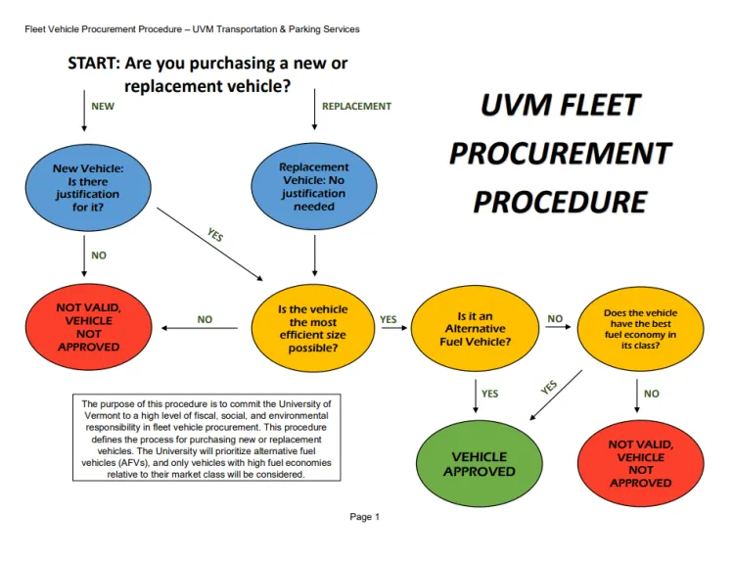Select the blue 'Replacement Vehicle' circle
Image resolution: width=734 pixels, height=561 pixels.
pyautogui.click(x=313, y=187)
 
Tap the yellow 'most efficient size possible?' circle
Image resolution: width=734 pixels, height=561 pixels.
pyautogui.click(x=313, y=329)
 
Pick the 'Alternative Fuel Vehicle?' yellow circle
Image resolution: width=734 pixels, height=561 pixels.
pyautogui.click(x=476, y=329)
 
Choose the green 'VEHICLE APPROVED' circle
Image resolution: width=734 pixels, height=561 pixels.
pyautogui.click(x=479, y=464)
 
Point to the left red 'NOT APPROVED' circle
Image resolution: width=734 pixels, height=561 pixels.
pyautogui.click(x=88, y=327)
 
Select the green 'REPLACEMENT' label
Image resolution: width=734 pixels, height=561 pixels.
pyautogui.click(x=356, y=106)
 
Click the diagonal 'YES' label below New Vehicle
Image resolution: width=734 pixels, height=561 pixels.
pyautogui.click(x=215, y=236)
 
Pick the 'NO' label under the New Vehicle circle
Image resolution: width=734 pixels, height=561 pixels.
pyautogui.click(x=99, y=256)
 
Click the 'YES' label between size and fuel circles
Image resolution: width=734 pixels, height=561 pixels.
pyautogui.click(x=389, y=319)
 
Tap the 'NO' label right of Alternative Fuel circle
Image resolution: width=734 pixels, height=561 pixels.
pyautogui.click(x=555, y=319)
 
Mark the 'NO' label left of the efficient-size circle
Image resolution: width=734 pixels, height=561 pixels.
pyautogui.click(x=204, y=319)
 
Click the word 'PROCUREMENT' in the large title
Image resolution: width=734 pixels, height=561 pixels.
pyautogui.click(x=560, y=154)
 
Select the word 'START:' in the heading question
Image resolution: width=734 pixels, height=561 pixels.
pyautogui.click(x=93, y=64)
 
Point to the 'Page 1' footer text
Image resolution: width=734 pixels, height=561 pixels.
pyautogui.click(x=364, y=517)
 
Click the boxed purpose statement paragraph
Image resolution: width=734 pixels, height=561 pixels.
pyautogui.click(x=206, y=439)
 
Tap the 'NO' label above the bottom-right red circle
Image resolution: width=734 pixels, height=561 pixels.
pyautogui.click(x=652, y=394)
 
